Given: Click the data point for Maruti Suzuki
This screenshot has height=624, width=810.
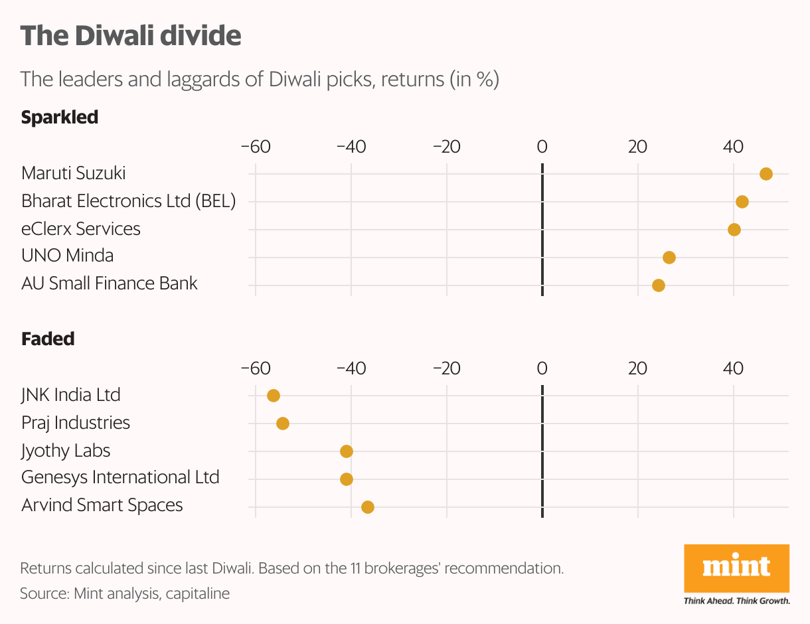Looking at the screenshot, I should (x=766, y=174).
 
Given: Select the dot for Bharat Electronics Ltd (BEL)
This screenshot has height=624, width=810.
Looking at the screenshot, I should (x=742, y=202).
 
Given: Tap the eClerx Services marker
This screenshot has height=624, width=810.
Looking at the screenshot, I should (x=734, y=230).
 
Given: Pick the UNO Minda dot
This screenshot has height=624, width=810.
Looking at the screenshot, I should (x=669, y=258).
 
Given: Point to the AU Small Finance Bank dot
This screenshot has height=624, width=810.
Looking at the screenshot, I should (x=658, y=285).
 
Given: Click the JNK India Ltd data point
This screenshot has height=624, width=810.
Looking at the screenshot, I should (x=273, y=396).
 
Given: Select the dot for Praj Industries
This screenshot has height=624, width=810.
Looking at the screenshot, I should (x=282, y=424).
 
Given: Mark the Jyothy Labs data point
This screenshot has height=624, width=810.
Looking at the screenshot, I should (x=346, y=451).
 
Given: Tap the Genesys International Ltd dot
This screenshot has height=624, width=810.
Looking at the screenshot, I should (x=346, y=479).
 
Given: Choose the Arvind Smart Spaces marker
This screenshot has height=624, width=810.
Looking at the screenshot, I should (x=367, y=507).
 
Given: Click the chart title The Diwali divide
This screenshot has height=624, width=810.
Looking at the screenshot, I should (x=130, y=36).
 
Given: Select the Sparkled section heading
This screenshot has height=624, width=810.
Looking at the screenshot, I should (x=60, y=117).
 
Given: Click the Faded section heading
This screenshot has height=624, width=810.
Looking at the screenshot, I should (x=48, y=339).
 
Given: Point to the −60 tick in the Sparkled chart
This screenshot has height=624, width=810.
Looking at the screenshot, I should (x=256, y=147).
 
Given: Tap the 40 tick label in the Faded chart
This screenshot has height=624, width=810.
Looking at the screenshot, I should (x=733, y=368).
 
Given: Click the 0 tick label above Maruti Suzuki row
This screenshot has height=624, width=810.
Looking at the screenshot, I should (x=542, y=147).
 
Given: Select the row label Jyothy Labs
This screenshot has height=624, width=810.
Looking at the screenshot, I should (x=66, y=451).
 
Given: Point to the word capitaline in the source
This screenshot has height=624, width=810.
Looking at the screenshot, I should (x=197, y=593).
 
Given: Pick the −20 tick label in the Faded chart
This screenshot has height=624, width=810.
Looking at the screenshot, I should (x=446, y=368).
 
